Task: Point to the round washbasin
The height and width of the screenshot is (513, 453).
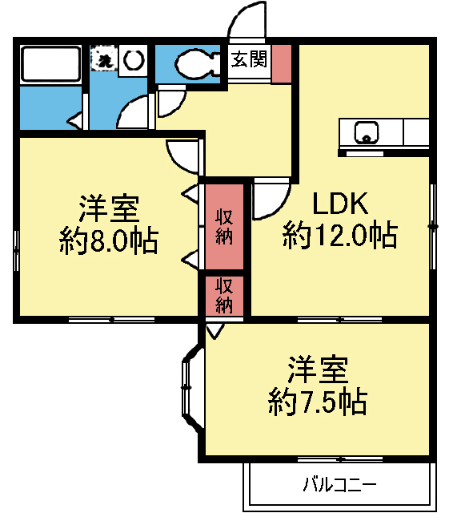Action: point(134,59)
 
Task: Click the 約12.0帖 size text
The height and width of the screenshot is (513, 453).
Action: point(339,236)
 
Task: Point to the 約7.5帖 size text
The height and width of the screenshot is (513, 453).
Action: point(317,400)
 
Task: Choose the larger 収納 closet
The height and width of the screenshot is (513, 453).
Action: point(224,227)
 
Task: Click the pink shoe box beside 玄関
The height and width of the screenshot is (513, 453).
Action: point(282,64)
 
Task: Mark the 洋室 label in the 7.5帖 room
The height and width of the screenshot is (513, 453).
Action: point(318,370)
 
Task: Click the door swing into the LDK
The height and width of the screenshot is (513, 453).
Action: point(271,201)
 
